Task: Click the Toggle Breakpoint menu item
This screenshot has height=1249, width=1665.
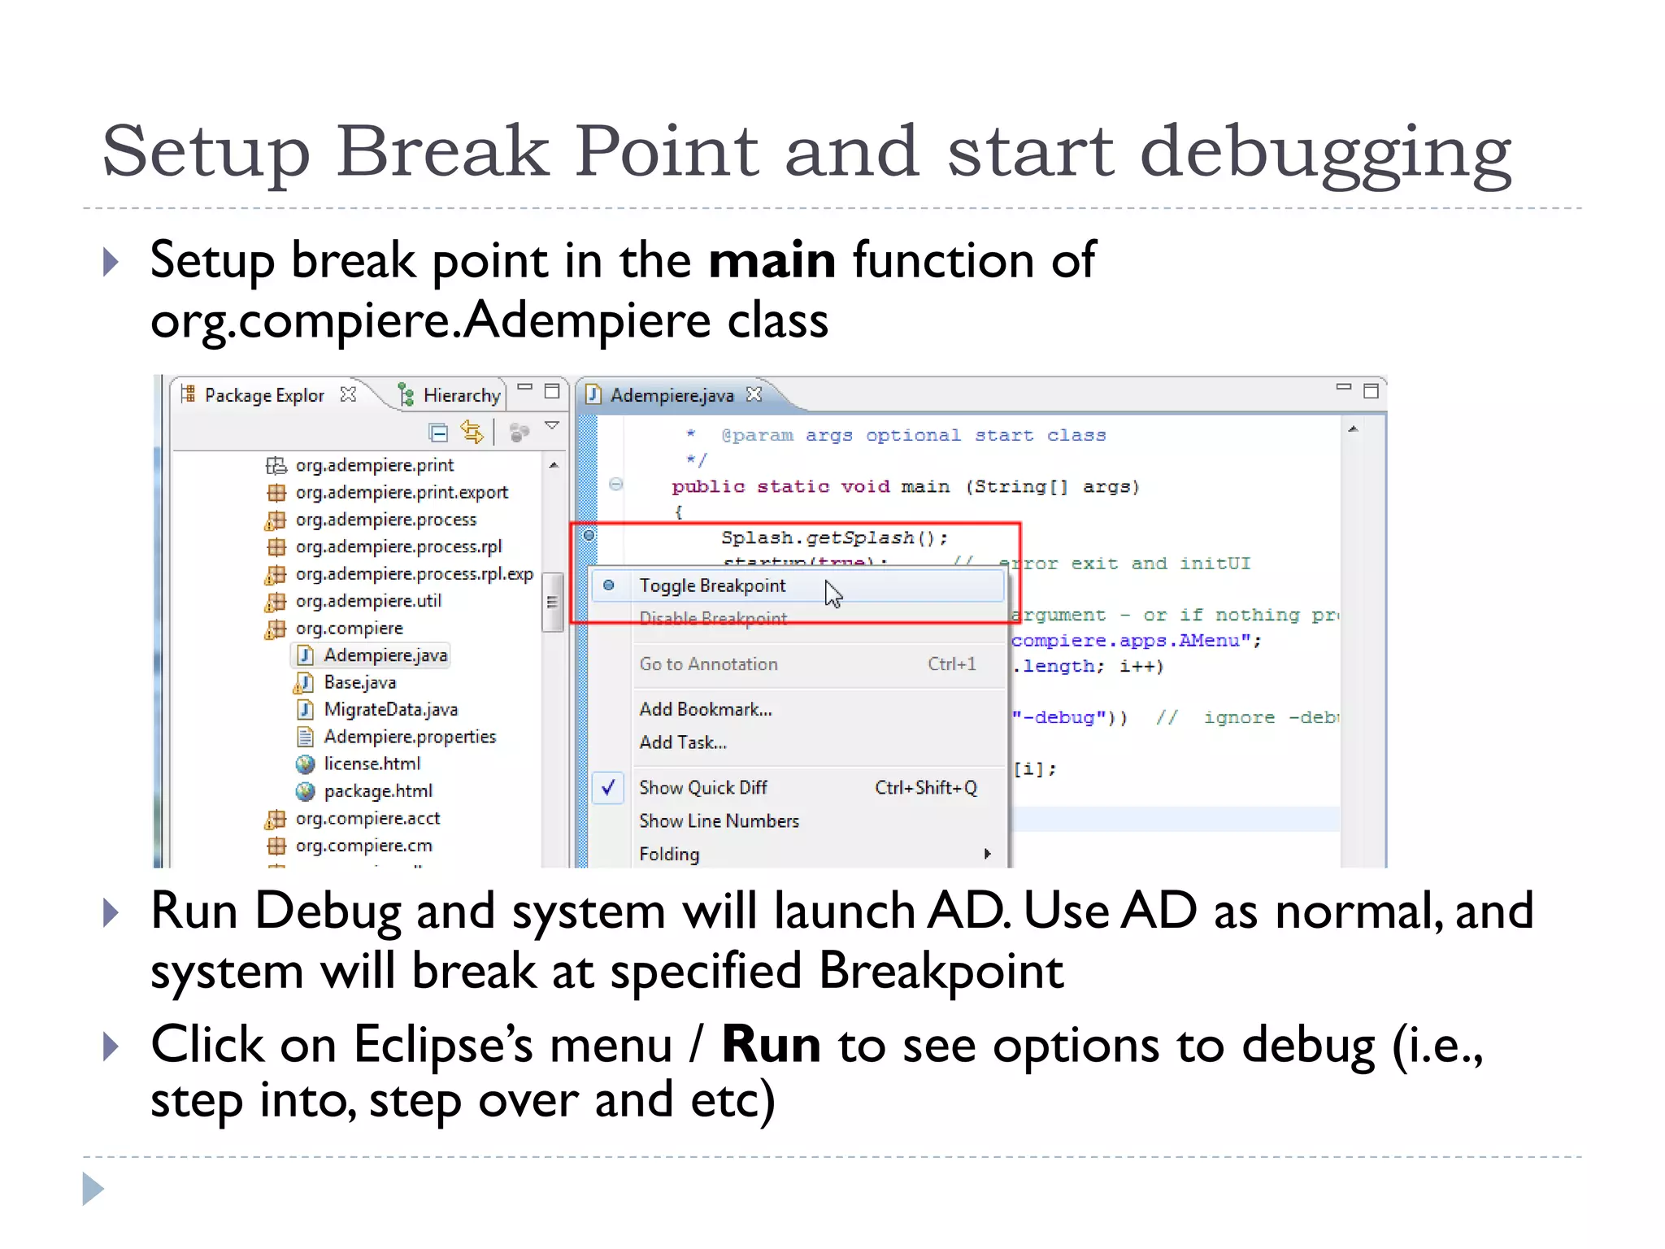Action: (x=712, y=585)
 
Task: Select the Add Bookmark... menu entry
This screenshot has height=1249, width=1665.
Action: (x=705, y=709)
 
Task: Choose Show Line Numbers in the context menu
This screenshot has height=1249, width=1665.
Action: (x=719, y=820)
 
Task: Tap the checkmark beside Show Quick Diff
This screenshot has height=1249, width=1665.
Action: (x=608, y=787)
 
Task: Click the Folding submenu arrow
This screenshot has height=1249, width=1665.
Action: (x=987, y=854)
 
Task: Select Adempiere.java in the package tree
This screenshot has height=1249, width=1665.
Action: (x=385, y=655)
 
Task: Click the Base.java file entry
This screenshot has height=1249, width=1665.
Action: (x=359, y=682)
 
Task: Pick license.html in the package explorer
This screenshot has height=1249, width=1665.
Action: (x=372, y=764)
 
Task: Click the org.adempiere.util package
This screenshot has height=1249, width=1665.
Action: (x=367, y=601)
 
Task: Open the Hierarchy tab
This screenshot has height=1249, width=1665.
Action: (x=460, y=395)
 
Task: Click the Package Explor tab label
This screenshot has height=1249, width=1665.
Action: (x=263, y=395)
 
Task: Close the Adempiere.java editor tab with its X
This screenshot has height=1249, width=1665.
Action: (x=754, y=394)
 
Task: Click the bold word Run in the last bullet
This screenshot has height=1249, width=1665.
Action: (x=771, y=1044)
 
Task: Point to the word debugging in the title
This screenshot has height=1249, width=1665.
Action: (x=1325, y=153)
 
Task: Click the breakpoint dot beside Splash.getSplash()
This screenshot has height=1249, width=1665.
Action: (x=589, y=535)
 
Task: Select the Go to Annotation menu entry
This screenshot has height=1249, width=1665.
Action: (x=708, y=664)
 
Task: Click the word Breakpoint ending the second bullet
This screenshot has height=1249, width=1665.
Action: (x=941, y=971)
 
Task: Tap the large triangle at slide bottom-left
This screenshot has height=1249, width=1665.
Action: (x=93, y=1189)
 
